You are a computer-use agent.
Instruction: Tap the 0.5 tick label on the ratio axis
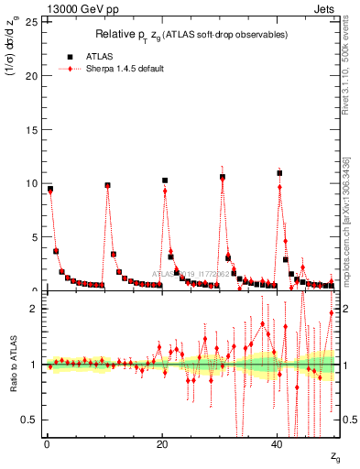30,420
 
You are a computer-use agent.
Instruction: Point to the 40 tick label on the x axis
278,444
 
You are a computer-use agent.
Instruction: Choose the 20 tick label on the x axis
162,444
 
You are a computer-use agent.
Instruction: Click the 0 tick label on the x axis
47,444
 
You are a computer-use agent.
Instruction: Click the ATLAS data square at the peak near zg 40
279,172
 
